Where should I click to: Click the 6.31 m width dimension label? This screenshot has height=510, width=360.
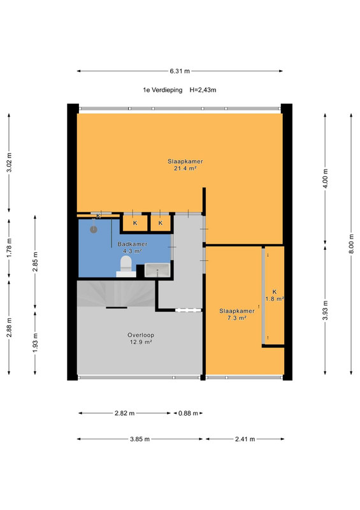pyautogui.click(x=180, y=71)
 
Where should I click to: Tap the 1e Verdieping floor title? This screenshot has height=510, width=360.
pyautogui.click(x=162, y=90)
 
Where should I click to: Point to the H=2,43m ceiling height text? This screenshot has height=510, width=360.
pyautogui.click(x=203, y=90)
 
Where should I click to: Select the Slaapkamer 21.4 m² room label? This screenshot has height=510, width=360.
pyautogui.click(x=185, y=164)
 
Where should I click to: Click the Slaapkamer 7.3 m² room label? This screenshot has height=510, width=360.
pyautogui.click(x=237, y=314)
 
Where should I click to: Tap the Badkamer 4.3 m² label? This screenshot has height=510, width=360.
pyautogui.click(x=133, y=247)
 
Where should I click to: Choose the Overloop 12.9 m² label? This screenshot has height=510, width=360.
pyautogui.click(x=141, y=339)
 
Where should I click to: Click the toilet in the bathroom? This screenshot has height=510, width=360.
pyautogui.click(x=126, y=266)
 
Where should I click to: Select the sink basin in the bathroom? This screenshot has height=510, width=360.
pyautogui.click(x=157, y=270)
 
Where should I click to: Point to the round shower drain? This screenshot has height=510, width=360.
pyautogui.click(x=94, y=229)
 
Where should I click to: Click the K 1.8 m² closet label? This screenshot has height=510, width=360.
pyautogui.click(x=275, y=295)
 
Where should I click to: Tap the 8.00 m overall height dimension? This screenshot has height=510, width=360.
pyautogui.click(x=351, y=244)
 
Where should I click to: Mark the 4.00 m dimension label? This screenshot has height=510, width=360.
pyautogui.click(x=325, y=178)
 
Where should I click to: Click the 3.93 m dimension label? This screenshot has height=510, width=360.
pyautogui.click(x=325, y=310)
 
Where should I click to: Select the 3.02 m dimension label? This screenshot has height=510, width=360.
pyautogui.click(x=9, y=163)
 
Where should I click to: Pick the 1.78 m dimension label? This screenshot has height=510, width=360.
pyautogui.click(x=9, y=248)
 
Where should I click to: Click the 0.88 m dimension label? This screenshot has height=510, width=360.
pyautogui.click(x=188, y=413)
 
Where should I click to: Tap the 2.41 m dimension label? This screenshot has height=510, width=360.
pyautogui.click(x=245, y=439)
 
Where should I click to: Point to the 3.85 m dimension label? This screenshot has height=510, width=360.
pyautogui.click(x=140, y=439)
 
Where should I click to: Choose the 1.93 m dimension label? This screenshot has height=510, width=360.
pyautogui.click(x=36, y=342)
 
